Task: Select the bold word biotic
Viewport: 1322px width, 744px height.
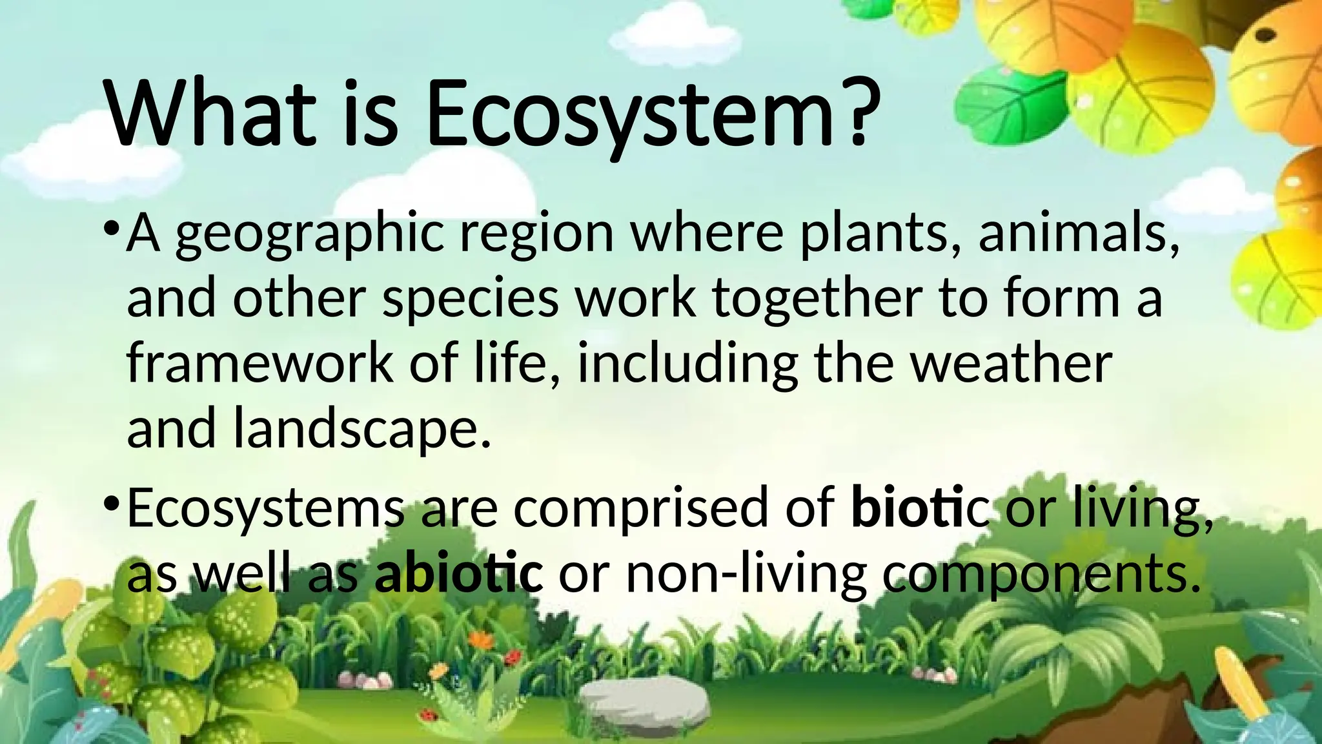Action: tap(920, 508)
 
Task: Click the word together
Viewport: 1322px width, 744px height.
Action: tap(817, 300)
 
